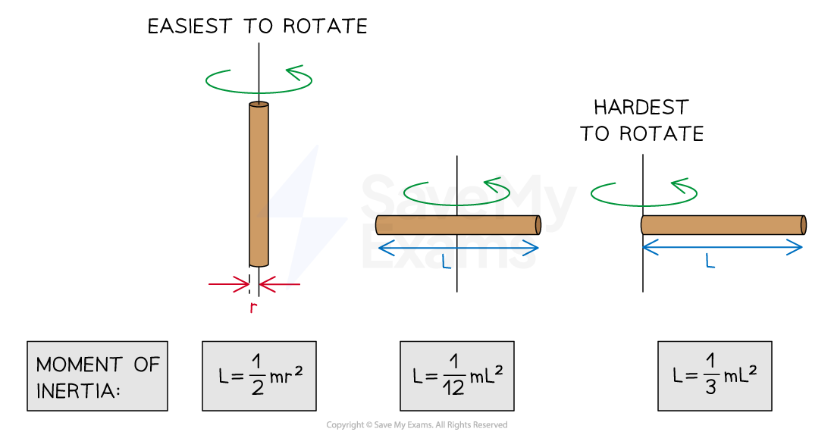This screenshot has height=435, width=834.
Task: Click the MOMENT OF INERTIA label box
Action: (x=97, y=376)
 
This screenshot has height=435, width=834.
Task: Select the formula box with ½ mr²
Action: (x=259, y=376)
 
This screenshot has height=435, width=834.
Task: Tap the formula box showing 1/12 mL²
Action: (x=456, y=376)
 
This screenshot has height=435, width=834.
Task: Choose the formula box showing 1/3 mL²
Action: (x=714, y=376)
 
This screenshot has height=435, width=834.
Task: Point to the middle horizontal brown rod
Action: (x=458, y=225)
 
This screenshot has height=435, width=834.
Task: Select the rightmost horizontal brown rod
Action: (x=723, y=225)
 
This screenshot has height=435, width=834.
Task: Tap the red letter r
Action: (x=253, y=308)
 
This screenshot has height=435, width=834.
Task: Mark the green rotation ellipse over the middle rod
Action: (x=456, y=193)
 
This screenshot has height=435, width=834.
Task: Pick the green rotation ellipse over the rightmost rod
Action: (x=644, y=194)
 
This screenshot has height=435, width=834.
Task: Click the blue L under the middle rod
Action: (x=447, y=262)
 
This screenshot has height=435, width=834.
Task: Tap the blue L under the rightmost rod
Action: (x=710, y=261)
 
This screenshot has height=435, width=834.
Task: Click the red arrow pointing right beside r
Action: (x=229, y=286)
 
